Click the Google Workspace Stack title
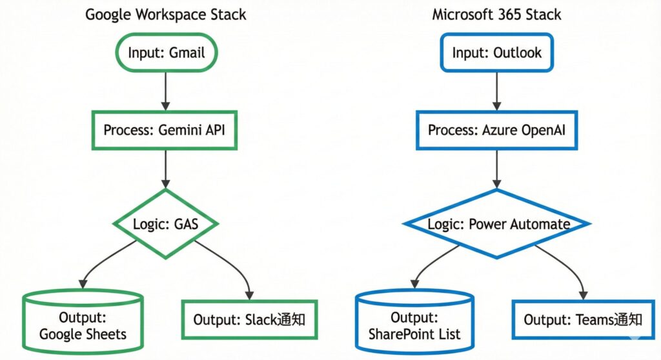tap(166, 14)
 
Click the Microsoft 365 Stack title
tap(496, 14)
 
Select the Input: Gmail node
tap(166, 52)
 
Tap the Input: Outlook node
tap(496, 52)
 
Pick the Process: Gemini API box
tap(166, 129)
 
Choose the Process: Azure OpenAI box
tap(496, 129)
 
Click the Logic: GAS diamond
tap(166, 224)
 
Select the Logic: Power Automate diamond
tap(496, 224)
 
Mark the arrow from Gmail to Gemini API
tap(166, 90)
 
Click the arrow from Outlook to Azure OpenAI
tap(496, 90)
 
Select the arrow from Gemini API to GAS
tap(166, 169)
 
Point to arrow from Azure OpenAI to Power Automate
tap(496, 169)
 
